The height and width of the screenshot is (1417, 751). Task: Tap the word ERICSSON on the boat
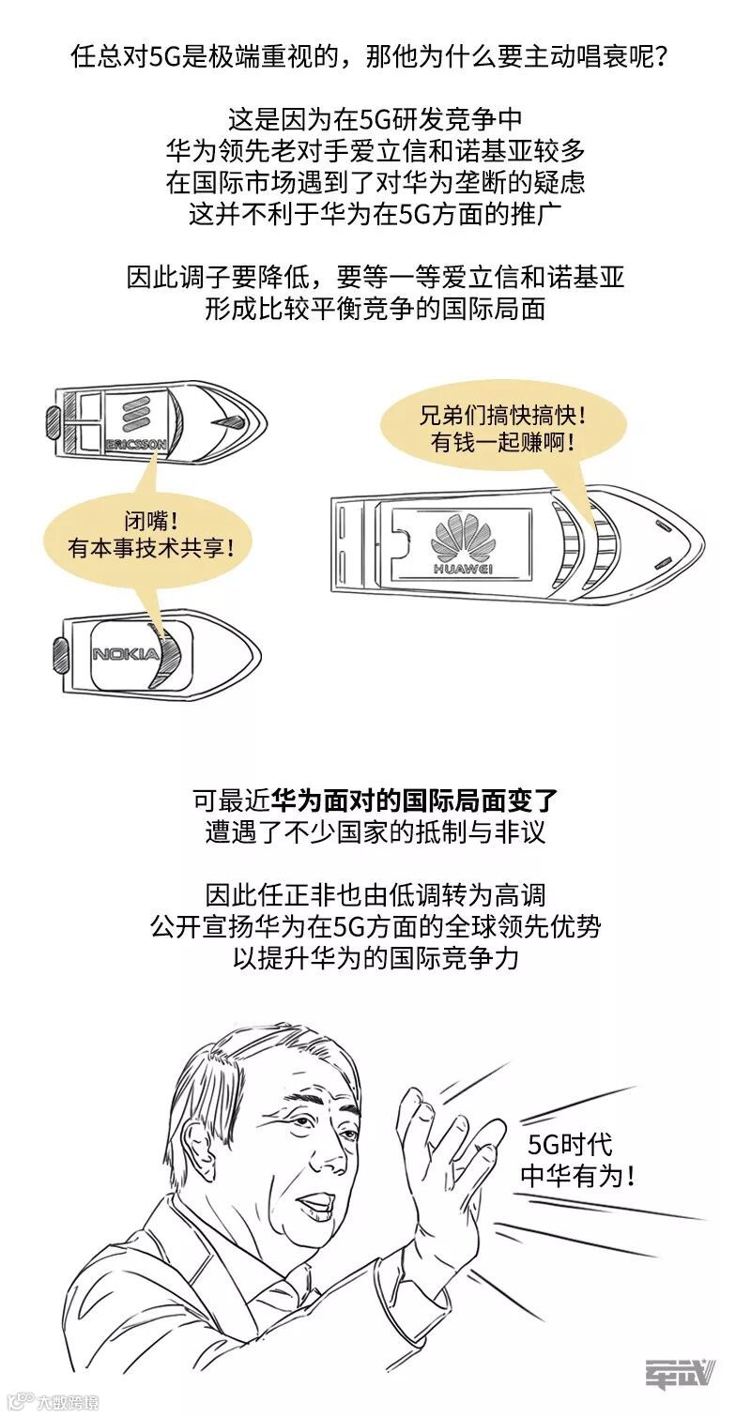[x=136, y=443]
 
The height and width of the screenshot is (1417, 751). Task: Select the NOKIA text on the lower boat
[x=126, y=653]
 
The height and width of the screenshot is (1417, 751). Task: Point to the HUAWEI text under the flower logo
[x=464, y=568]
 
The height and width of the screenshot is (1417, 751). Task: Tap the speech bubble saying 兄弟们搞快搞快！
[x=503, y=429]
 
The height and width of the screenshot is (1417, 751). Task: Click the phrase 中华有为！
[x=576, y=1176]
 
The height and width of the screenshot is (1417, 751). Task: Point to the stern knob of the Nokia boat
[x=61, y=651]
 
